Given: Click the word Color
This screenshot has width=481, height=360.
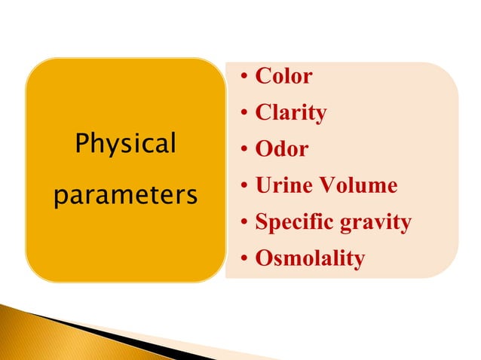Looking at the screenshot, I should click(x=283, y=76).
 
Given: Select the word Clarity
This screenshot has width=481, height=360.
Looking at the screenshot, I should click(x=291, y=113).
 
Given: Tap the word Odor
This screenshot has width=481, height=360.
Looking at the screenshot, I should click(x=282, y=149).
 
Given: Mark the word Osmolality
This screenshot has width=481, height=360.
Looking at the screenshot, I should click(x=310, y=258).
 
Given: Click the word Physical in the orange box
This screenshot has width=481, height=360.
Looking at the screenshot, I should click(x=125, y=144).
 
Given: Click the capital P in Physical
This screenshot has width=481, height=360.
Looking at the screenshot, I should click(x=81, y=142).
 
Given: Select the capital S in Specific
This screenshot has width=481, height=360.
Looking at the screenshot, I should click(x=262, y=221).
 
